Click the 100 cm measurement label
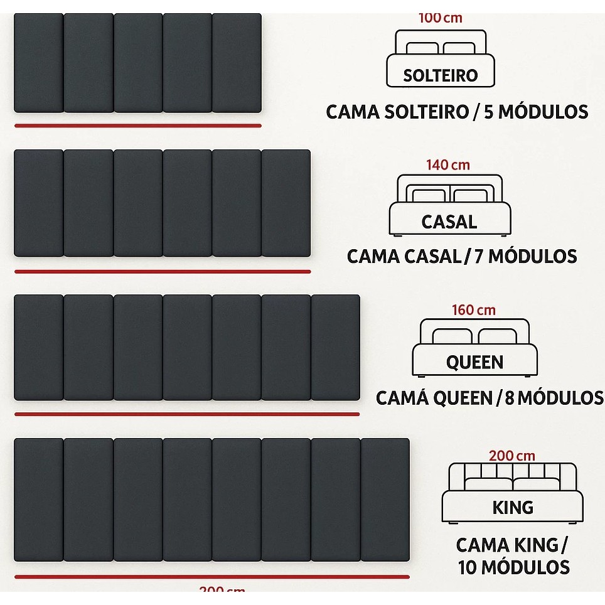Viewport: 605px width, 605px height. tap(440, 18)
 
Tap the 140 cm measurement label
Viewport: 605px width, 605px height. tap(448, 165)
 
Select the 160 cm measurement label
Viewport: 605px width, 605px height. tap(473, 310)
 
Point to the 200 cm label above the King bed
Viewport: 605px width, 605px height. tap(511, 456)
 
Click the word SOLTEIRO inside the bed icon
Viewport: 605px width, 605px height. tap(440, 75)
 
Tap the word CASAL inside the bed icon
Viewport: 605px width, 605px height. tap(449, 222)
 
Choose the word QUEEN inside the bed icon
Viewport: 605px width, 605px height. tap(474, 362)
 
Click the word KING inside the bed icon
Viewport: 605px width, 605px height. tap(513, 507)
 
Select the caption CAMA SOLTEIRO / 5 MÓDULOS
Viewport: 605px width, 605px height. tap(457, 112)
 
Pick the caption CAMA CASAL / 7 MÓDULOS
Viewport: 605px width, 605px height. tap(462, 257)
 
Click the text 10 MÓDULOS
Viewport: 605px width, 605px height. tap(513, 567)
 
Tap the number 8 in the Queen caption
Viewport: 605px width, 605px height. tap(510, 398)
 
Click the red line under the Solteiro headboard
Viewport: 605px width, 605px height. tap(137, 126)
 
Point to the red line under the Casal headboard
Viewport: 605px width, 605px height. tap(163, 272)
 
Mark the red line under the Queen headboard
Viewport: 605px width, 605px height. tap(187, 414)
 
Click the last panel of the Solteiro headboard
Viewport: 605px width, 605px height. tap(237, 63)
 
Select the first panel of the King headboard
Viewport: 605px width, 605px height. tap(38, 500)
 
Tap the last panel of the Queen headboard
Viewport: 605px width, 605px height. tap(335, 348)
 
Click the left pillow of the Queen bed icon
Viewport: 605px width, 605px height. tap(452, 336)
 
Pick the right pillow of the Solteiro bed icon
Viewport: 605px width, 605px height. tap(459, 48)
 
